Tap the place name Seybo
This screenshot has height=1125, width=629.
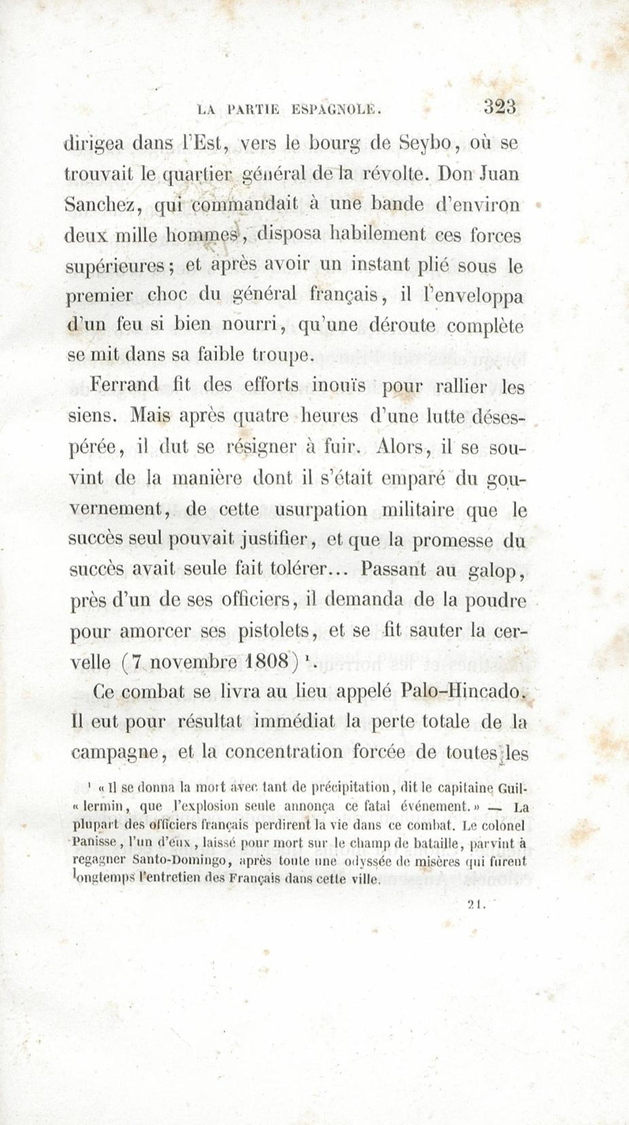[422, 144]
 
